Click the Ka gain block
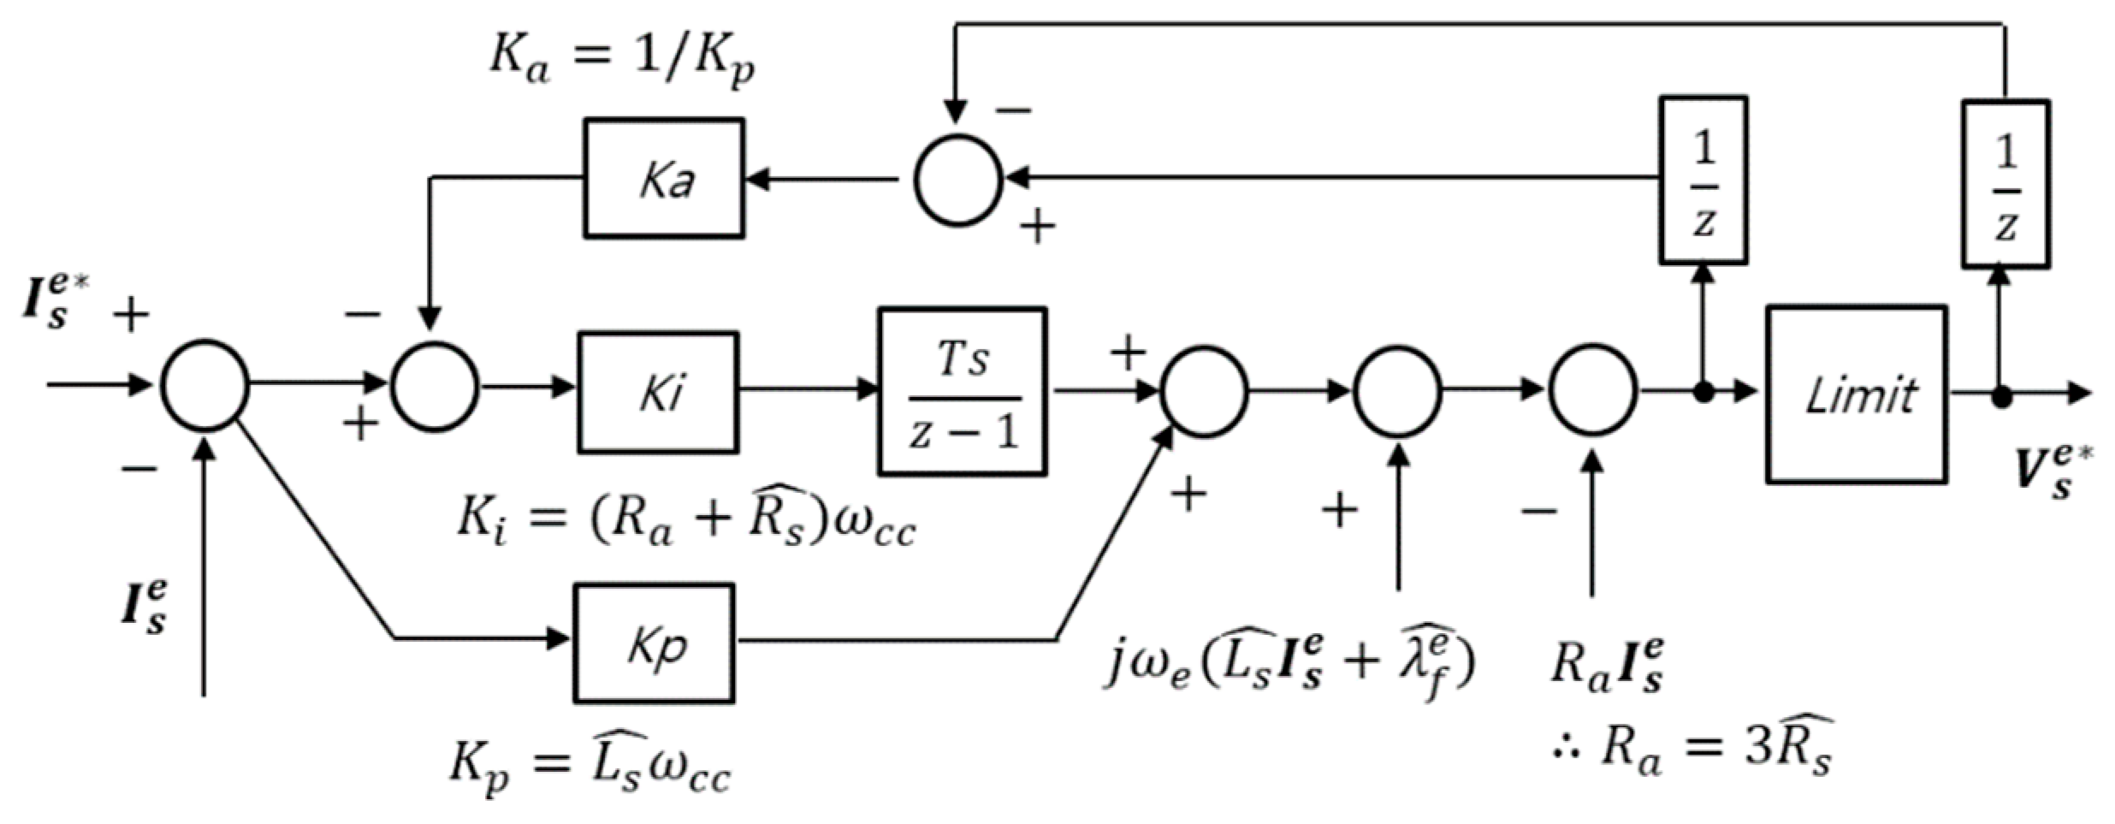click(x=664, y=178)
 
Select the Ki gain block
click(x=658, y=392)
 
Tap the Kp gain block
click(x=654, y=643)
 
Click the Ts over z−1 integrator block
click(x=963, y=391)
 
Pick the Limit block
click(x=1857, y=394)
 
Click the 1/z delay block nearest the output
click(x=2005, y=183)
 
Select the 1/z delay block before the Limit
click(x=1703, y=181)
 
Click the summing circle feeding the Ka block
click(x=957, y=180)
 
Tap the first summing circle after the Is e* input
click(x=205, y=385)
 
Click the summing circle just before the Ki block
click(x=435, y=387)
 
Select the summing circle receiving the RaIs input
click(x=1592, y=390)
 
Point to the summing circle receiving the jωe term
click(x=1397, y=391)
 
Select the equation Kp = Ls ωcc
click(x=590, y=763)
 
